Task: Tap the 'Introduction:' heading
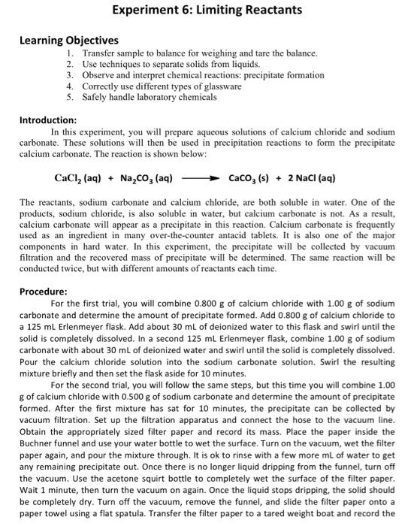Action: click(48, 119)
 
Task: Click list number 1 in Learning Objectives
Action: click(69, 54)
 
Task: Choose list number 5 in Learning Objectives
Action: click(69, 97)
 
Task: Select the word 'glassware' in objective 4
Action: click(221, 86)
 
